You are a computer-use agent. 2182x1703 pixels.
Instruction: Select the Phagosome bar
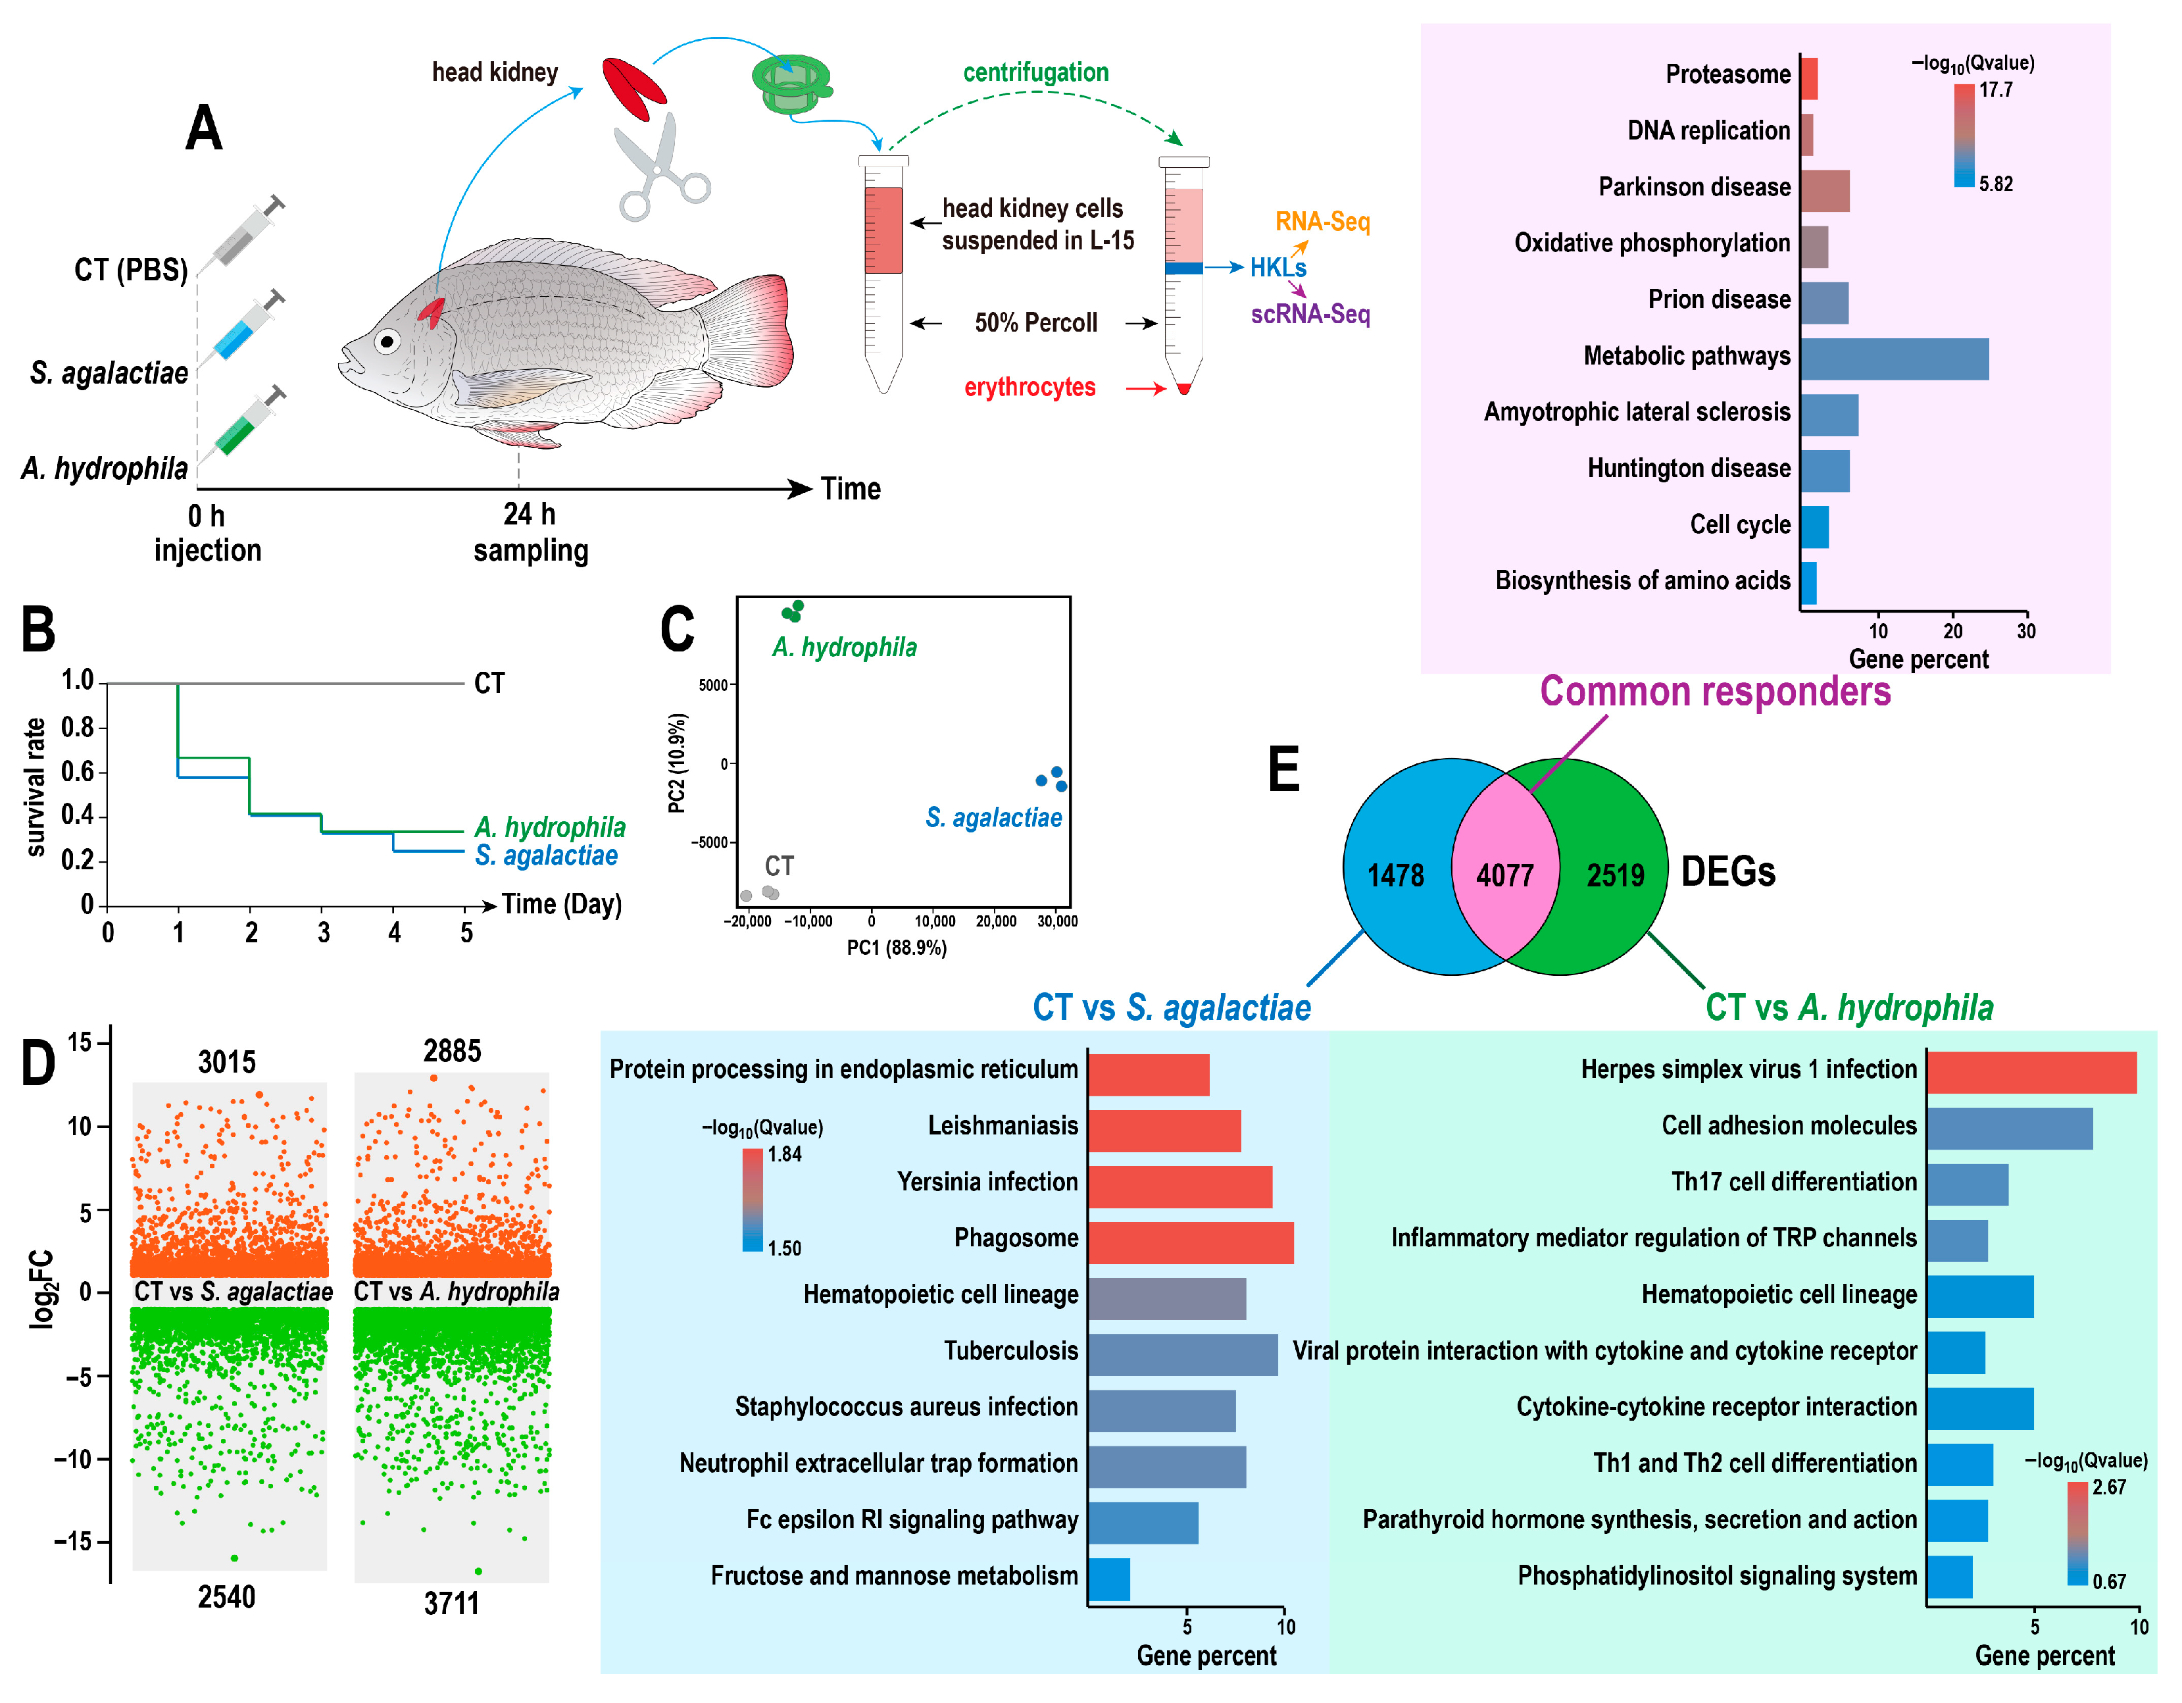[1190, 1242]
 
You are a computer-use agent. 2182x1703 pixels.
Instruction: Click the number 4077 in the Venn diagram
[1504, 875]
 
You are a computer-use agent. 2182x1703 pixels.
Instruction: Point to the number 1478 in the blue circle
[1395, 875]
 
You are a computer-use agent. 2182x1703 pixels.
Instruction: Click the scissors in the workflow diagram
[659, 170]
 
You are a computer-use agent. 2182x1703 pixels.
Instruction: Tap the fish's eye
[387, 342]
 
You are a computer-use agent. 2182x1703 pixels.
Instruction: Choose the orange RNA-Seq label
[1322, 221]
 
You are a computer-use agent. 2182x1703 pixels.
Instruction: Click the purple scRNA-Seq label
[1310, 314]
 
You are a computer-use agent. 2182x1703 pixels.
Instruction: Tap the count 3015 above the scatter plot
[227, 1061]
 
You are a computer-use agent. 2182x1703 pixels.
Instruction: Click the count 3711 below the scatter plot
[451, 1603]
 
